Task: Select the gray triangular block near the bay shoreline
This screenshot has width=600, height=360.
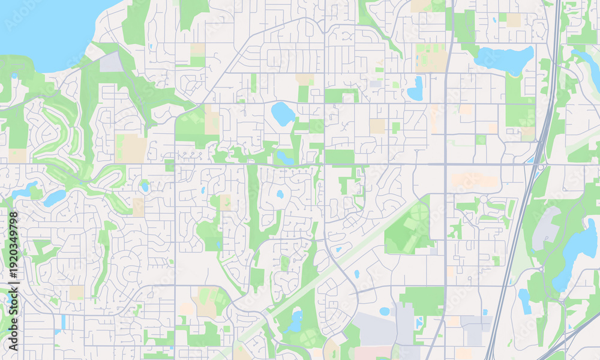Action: [x=112, y=62]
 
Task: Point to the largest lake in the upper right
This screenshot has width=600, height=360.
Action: [x=504, y=59]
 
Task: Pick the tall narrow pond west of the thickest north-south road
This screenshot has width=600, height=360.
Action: [x=415, y=88]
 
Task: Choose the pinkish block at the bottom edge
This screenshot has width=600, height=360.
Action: [x=372, y=352]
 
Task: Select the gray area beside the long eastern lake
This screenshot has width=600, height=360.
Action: [x=546, y=228]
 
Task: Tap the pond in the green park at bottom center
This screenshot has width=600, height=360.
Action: [x=295, y=321]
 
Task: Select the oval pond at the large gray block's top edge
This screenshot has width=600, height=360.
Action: [x=385, y=311]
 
